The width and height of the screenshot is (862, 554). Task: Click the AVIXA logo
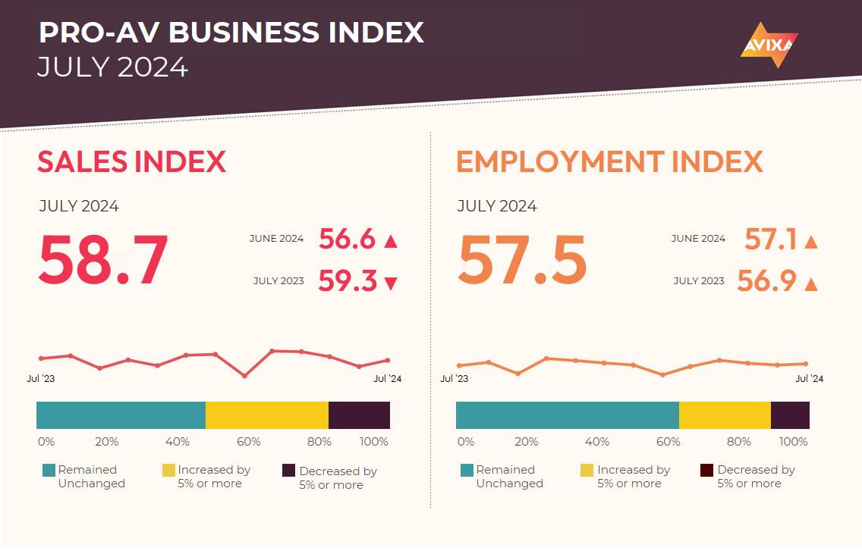click(x=769, y=45)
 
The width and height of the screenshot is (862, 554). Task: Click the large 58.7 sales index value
click(x=103, y=261)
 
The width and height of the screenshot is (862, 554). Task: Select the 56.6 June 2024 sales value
click(x=348, y=239)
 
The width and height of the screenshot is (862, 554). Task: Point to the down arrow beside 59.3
click(x=391, y=284)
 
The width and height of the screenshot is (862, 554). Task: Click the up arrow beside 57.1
click(x=810, y=242)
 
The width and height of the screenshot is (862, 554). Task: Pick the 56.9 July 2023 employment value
click(x=766, y=282)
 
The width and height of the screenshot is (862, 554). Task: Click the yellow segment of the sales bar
click(x=267, y=415)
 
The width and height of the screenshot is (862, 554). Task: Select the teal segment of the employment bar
click(x=567, y=415)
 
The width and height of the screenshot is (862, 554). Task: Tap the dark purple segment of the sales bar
click(x=359, y=415)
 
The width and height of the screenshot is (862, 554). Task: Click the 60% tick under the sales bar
click(x=248, y=442)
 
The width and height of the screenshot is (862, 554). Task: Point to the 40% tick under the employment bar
click(x=597, y=442)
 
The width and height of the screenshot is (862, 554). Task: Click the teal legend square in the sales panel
click(x=49, y=471)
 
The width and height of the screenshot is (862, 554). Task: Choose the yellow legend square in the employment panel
click(x=587, y=471)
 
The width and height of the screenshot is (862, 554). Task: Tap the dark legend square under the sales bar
click(x=288, y=471)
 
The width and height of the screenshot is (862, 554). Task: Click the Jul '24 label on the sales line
click(x=386, y=378)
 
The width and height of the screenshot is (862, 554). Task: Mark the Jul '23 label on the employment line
click(x=454, y=378)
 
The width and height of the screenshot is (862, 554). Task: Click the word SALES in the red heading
click(x=82, y=162)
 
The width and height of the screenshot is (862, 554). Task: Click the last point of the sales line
click(x=388, y=360)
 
